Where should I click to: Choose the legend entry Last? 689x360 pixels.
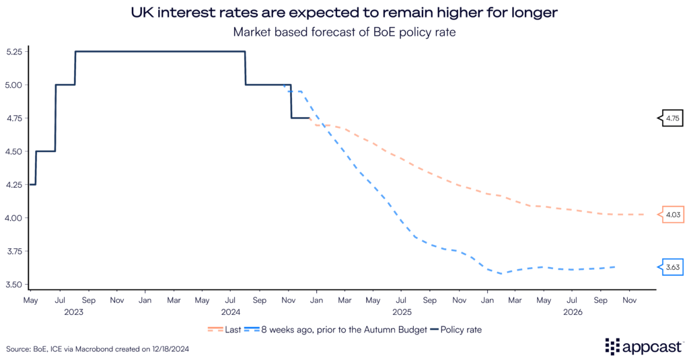pos(228,330)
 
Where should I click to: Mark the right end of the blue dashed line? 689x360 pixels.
pos(615,267)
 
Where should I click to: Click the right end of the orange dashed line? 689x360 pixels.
pos(645,215)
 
